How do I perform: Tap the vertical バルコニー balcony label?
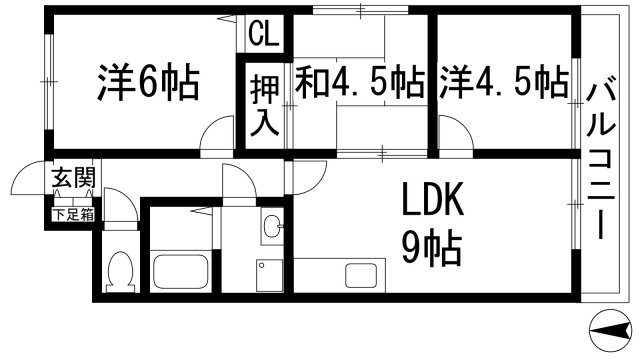click(604, 160)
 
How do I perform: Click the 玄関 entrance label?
click(74, 180)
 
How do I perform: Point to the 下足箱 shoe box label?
click(74, 213)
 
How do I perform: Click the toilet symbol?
click(121, 270)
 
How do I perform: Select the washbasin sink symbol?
click(272, 229)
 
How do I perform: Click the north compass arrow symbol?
click(610, 327)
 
